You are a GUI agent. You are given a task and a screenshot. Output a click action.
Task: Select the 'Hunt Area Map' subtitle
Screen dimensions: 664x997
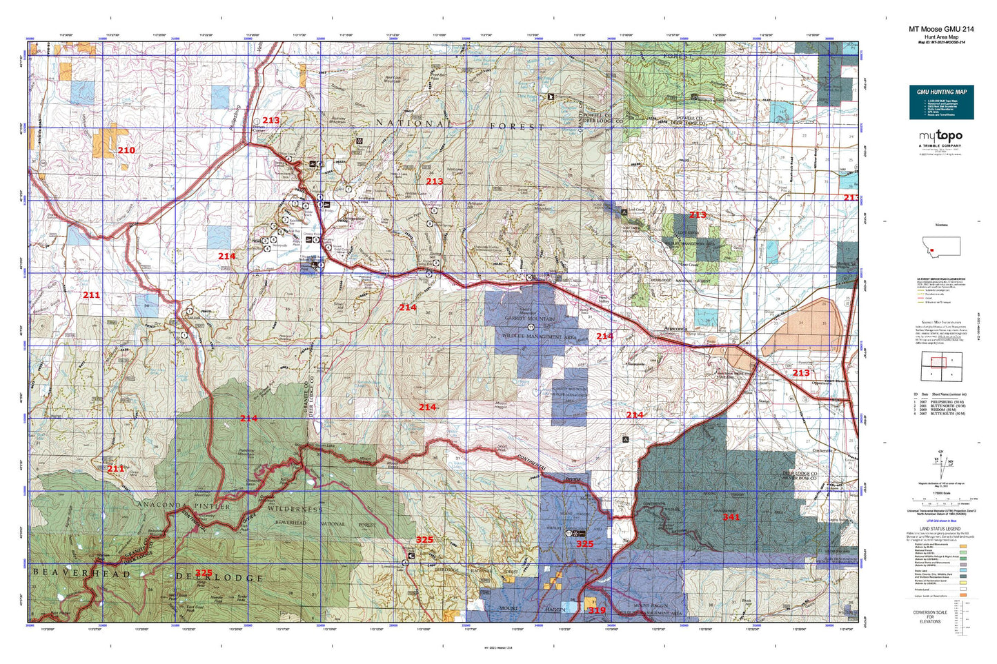(941, 37)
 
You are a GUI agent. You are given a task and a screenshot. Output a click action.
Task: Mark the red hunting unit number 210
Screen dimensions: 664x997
(126, 150)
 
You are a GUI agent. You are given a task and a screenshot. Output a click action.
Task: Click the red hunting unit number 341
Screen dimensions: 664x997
(731, 516)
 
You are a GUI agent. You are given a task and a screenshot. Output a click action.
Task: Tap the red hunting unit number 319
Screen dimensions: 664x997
(597, 610)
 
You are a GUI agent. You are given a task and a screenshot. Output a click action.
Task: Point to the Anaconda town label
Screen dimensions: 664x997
(668, 330)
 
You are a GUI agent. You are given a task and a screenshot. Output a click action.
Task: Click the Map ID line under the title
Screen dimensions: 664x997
(941, 43)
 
